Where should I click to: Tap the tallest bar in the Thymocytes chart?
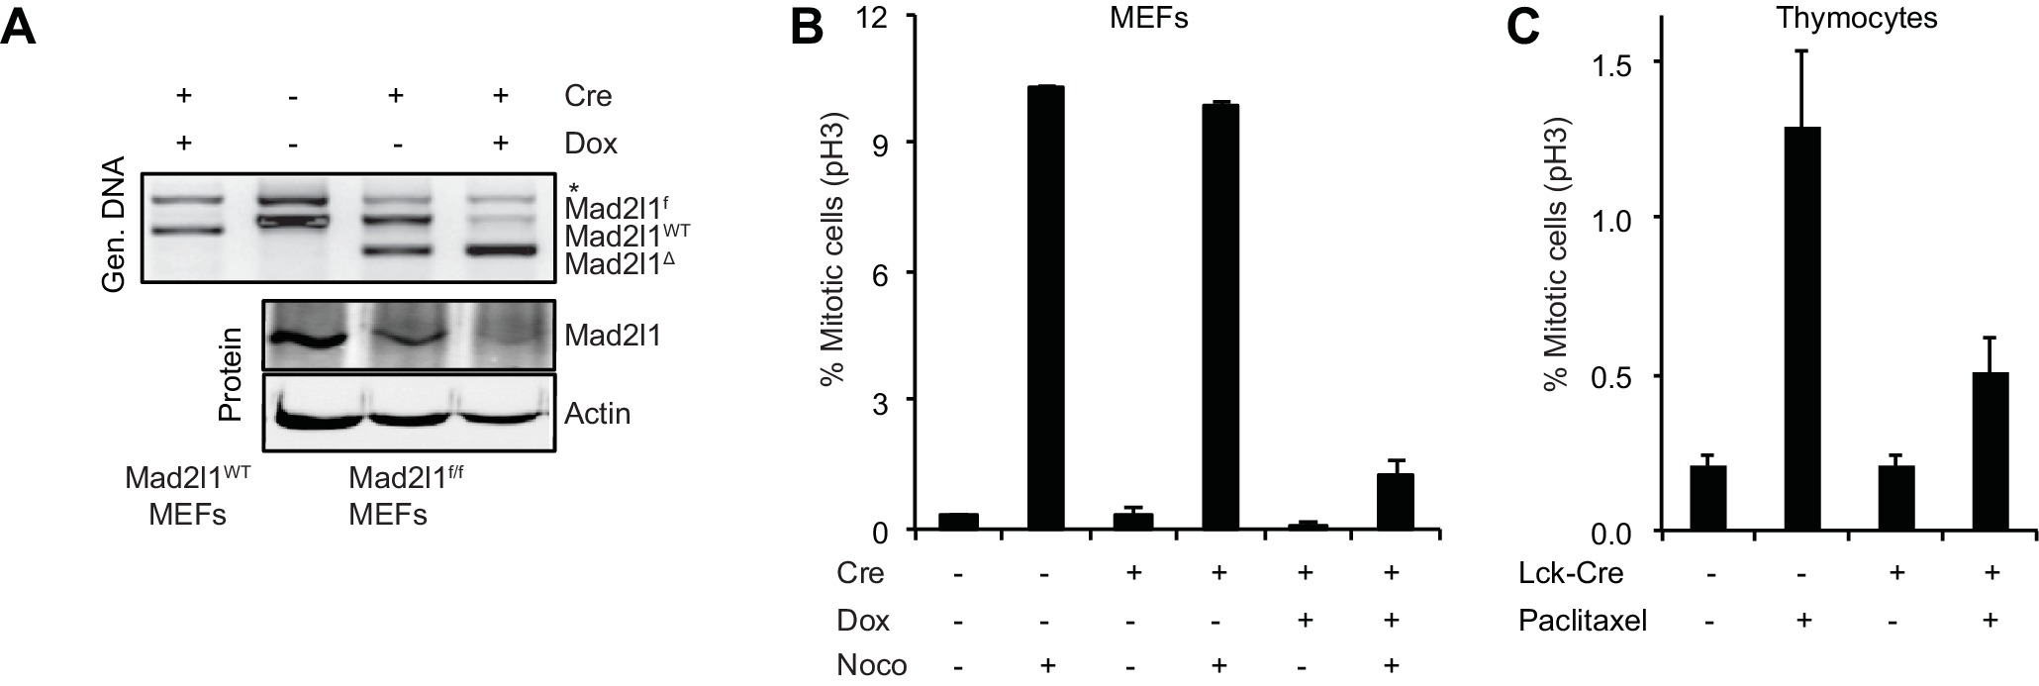pos(1801,329)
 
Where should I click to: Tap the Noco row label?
pos(871,664)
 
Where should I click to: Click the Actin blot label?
pos(597,413)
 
